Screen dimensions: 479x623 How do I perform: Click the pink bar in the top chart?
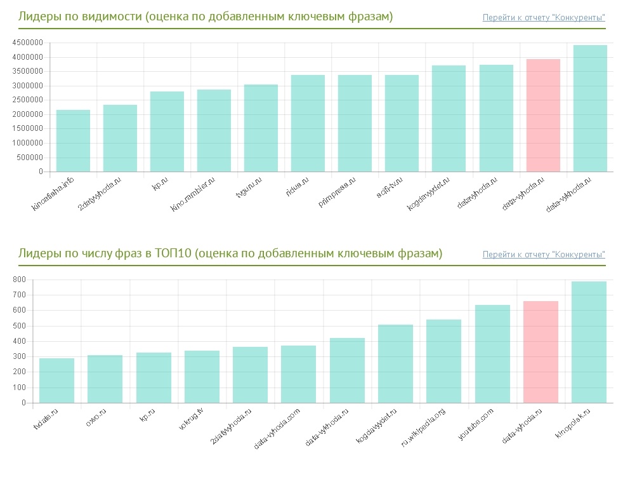pyautogui.click(x=543, y=115)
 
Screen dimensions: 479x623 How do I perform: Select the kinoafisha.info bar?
pyautogui.click(x=73, y=140)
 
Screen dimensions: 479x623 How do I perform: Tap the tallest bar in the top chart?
pyautogui.click(x=590, y=108)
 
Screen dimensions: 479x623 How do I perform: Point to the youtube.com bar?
pyautogui.click(x=492, y=353)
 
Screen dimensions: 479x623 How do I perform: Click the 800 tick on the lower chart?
pyautogui.click(x=19, y=280)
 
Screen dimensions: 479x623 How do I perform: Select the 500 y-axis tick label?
pyautogui.click(x=19, y=326)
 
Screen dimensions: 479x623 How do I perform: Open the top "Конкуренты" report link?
pyautogui.click(x=544, y=17)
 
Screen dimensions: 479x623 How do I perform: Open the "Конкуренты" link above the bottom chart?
pyautogui.click(x=544, y=255)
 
